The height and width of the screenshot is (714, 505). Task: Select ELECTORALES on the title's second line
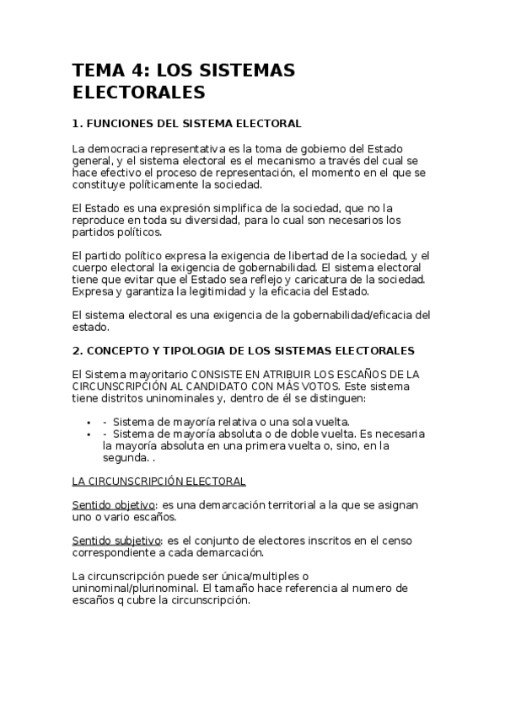point(138,91)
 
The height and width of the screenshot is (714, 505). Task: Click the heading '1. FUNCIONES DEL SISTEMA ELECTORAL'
point(186,123)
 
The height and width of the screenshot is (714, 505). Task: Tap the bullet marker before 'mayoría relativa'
point(89,422)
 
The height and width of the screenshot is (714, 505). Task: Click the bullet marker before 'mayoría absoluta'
point(89,434)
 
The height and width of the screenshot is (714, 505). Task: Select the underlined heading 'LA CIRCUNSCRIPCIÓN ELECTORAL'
point(159,481)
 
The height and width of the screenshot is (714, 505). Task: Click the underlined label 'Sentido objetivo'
point(114,505)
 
